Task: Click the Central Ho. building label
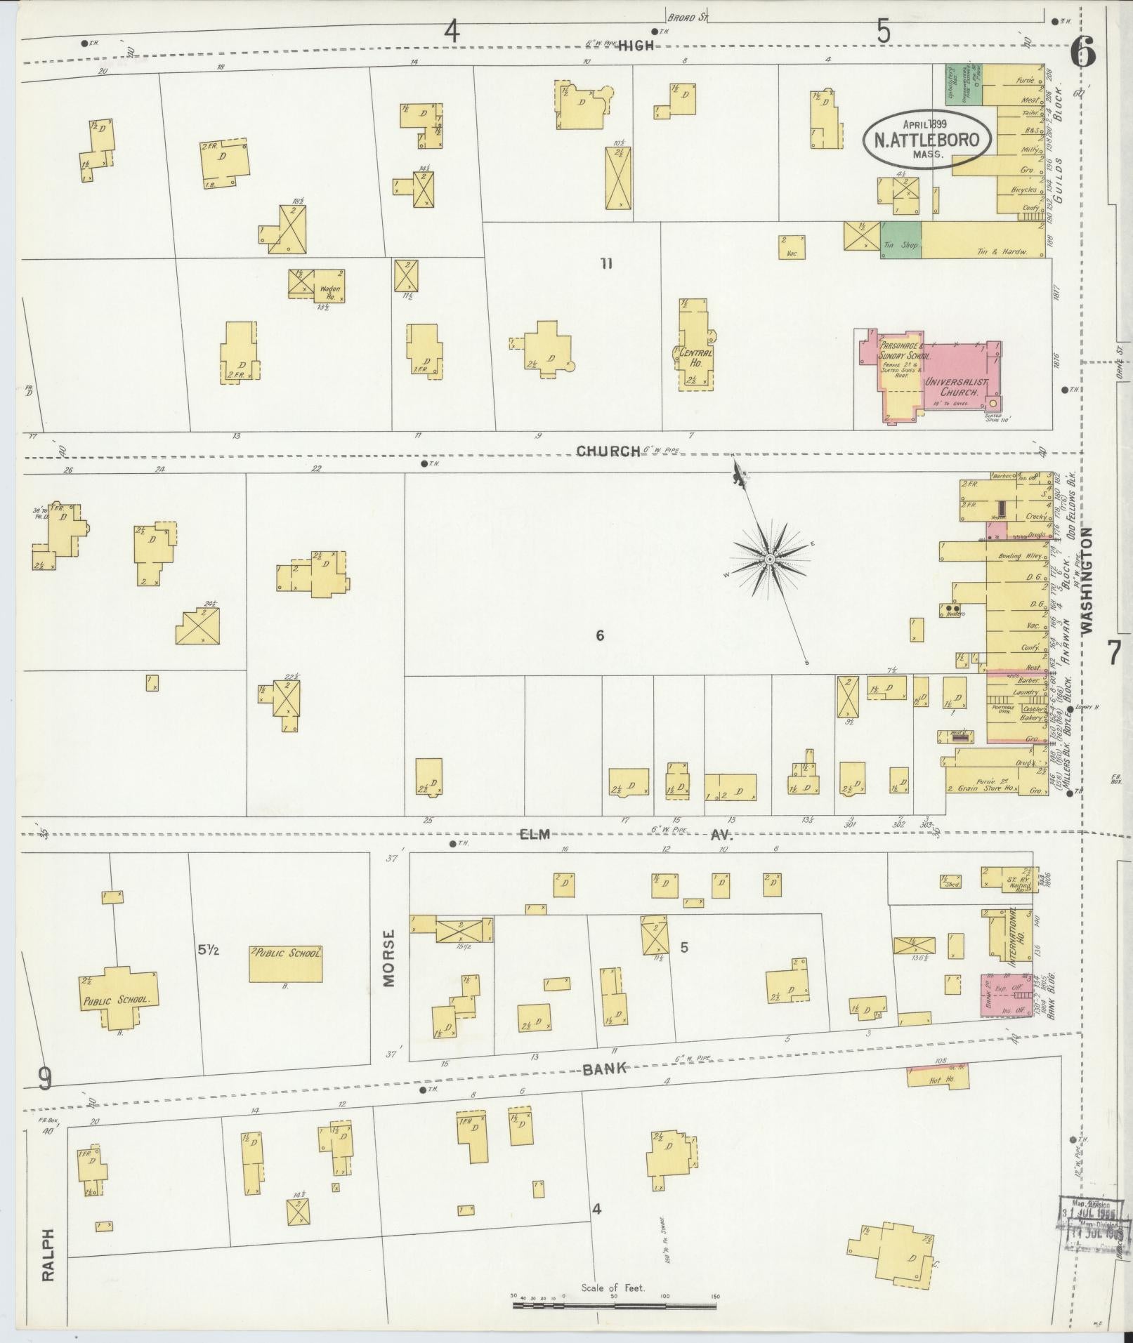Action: pyautogui.click(x=695, y=357)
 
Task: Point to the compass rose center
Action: pyautogui.click(x=770, y=559)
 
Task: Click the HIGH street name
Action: pyautogui.click(x=636, y=46)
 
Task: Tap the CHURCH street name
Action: pyautogui.click(x=608, y=451)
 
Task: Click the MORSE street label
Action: pyautogui.click(x=389, y=958)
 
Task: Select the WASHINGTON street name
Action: pyautogui.click(x=1089, y=581)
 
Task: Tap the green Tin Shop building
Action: pyautogui.click(x=901, y=240)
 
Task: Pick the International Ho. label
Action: pyautogui.click(x=1013, y=937)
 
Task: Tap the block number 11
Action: pyautogui.click(x=606, y=264)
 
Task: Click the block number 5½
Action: pyautogui.click(x=209, y=951)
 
